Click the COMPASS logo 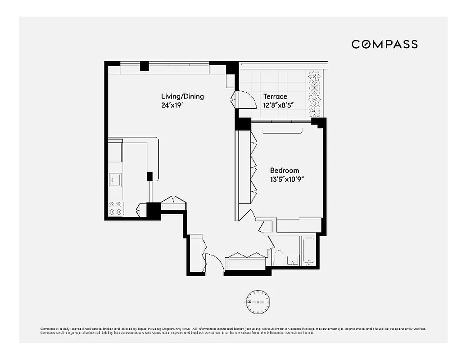[x=385, y=44]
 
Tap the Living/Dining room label [x=182, y=96]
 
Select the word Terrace [x=275, y=96]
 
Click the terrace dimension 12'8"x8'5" [x=279, y=106]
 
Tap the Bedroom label [x=284, y=171]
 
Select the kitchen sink [x=114, y=180]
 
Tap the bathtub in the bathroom [x=309, y=251]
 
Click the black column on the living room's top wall [x=144, y=66]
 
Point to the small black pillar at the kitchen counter [x=149, y=176]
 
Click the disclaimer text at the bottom [x=233, y=331]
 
